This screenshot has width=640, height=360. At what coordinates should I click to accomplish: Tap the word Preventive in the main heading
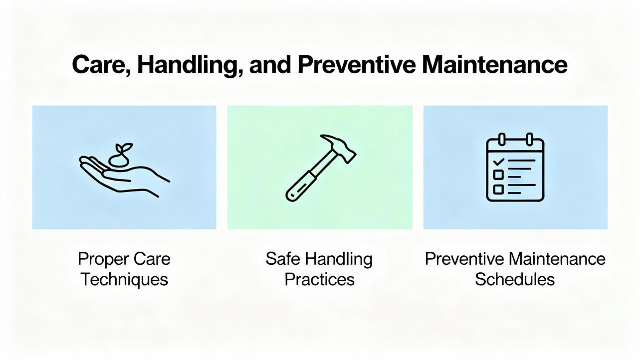(x=357, y=64)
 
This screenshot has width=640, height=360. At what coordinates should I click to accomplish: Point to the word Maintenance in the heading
(x=494, y=64)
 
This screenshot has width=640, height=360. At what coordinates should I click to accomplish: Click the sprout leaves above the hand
(x=124, y=149)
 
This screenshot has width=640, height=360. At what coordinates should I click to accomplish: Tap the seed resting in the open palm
(x=119, y=161)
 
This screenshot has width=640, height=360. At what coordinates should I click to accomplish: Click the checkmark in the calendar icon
(x=498, y=162)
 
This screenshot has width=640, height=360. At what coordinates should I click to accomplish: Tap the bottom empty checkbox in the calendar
(x=498, y=189)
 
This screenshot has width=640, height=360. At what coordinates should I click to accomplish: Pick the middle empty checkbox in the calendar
(x=498, y=175)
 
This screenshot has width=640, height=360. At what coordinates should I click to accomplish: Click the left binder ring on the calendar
(x=502, y=139)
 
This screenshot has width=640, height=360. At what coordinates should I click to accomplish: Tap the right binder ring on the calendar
(x=529, y=139)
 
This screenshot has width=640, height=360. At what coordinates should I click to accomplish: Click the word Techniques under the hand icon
(x=125, y=279)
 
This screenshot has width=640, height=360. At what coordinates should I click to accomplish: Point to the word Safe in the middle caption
(x=283, y=259)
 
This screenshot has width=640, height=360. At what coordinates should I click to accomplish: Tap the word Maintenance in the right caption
(x=557, y=259)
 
